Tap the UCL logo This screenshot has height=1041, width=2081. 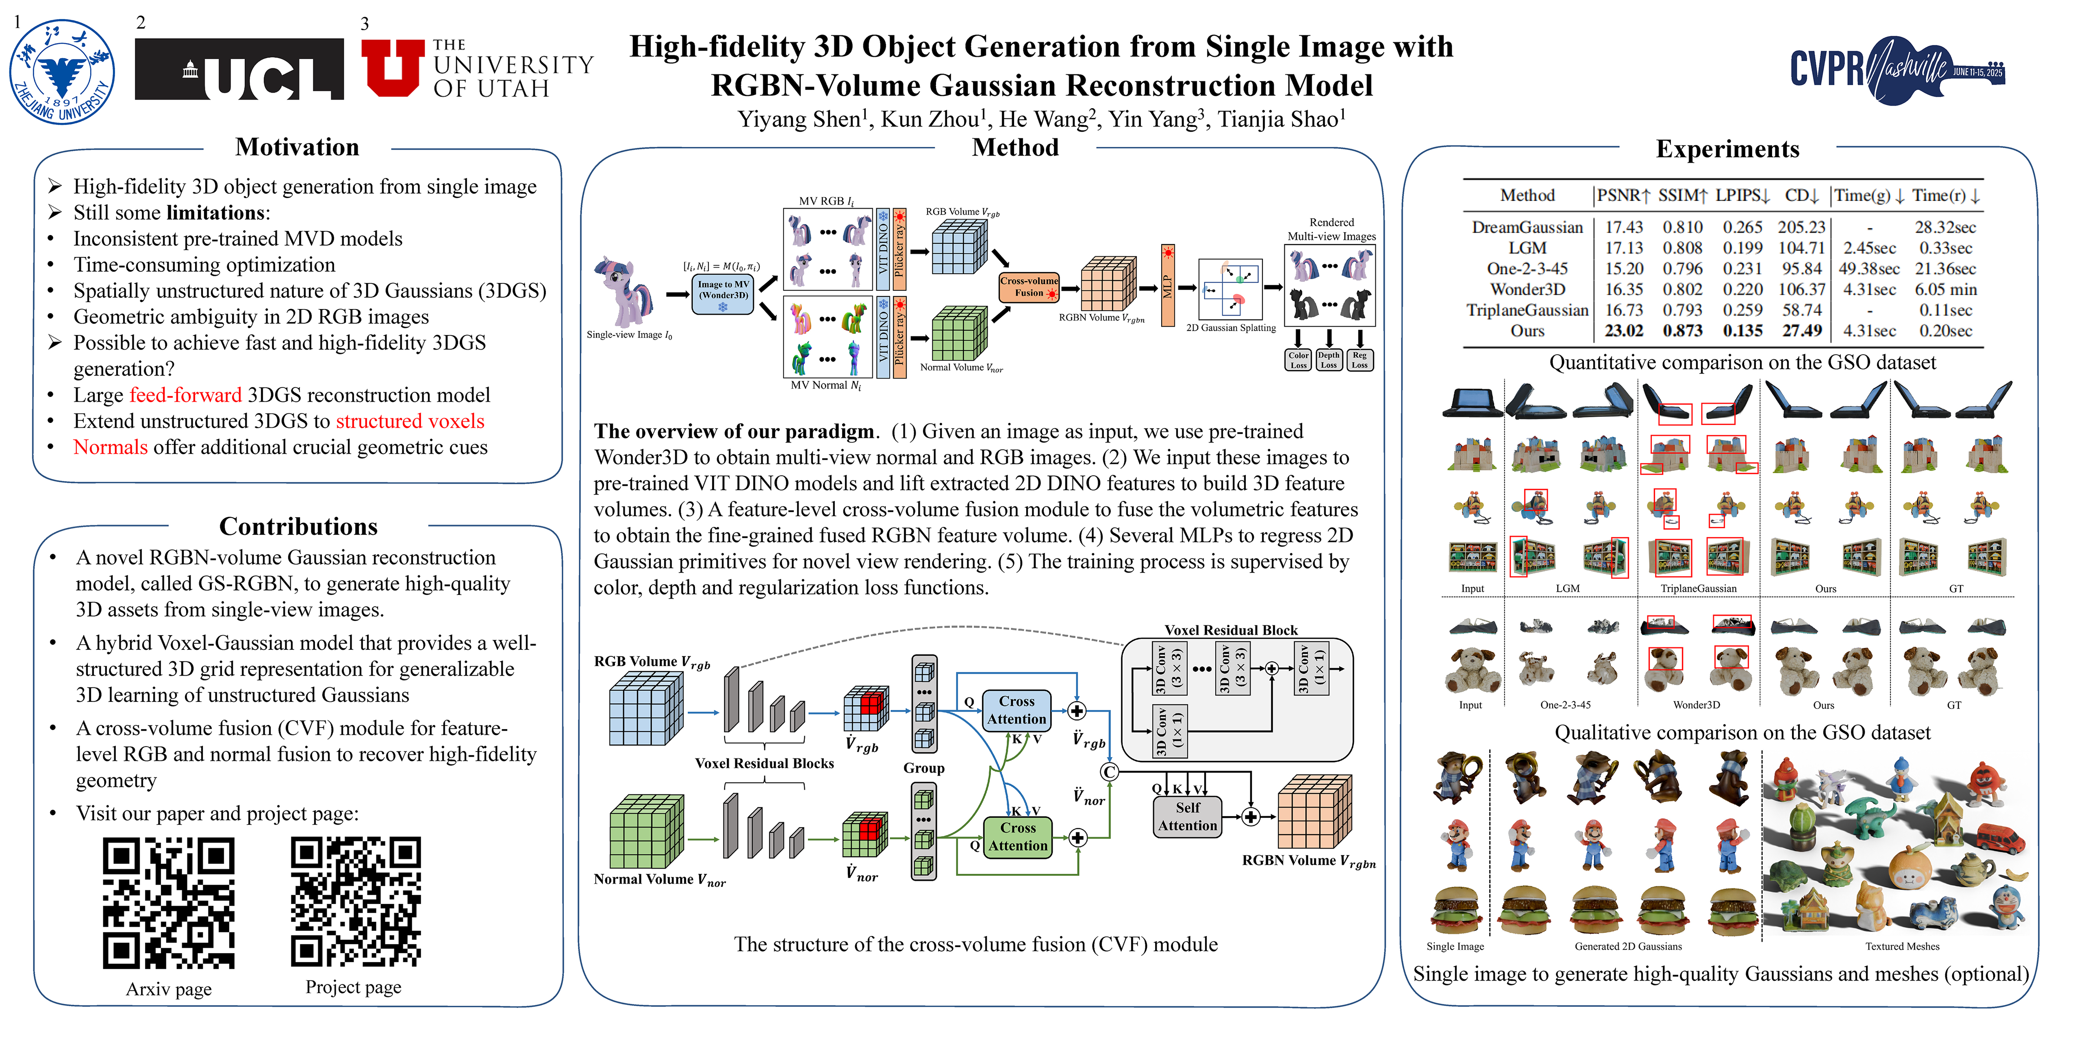(239, 69)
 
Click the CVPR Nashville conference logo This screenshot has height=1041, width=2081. (1897, 69)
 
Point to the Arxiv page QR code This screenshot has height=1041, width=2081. (169, 903)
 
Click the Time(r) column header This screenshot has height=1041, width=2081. (1945, 196)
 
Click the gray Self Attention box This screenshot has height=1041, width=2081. (1187, 816)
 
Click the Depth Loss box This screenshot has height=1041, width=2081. (1329, 360)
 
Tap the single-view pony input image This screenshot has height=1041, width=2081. (623, 291)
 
